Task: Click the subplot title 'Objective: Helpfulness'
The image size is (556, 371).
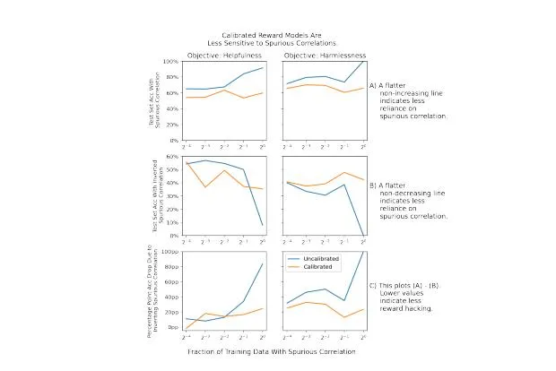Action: [224, 56]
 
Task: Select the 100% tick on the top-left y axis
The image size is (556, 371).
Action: [171, 62]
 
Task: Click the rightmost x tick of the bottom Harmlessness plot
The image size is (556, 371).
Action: [362, 337]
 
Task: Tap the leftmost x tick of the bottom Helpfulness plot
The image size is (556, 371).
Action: [186, 337]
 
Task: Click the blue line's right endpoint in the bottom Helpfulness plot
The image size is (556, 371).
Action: [263, 263]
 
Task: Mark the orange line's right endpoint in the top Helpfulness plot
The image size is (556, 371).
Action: [263, 92]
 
